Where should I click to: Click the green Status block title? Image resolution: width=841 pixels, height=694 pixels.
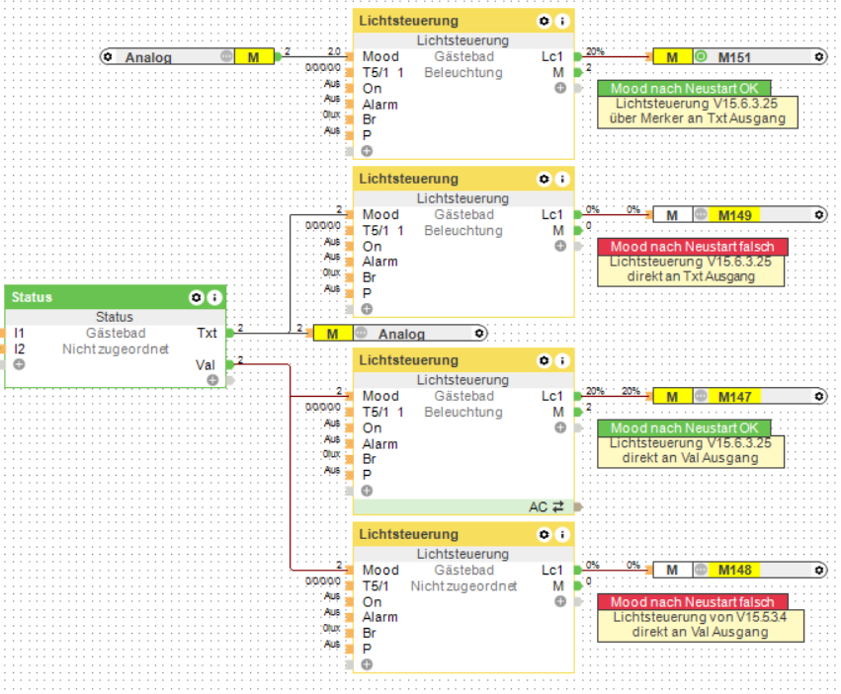33,297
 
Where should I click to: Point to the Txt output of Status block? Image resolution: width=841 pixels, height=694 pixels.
207,333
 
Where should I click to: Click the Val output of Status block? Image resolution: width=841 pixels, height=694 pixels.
206,364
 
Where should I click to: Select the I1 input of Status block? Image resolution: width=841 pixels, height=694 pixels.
20,333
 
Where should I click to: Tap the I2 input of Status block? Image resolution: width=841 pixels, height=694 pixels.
20,348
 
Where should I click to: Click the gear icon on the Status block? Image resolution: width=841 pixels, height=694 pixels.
196,297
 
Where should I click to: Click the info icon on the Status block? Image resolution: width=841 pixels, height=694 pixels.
213,297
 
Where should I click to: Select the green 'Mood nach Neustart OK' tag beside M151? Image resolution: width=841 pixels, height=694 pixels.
684,89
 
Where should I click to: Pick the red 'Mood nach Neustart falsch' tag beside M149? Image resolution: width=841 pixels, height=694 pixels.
692,247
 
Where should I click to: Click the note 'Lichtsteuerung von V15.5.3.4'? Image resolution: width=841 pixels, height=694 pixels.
698,617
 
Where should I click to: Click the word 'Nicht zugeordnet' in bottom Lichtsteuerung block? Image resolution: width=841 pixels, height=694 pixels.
463,585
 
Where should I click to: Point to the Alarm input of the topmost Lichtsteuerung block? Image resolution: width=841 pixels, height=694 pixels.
379,104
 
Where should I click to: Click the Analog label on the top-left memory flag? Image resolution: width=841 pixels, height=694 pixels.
148,57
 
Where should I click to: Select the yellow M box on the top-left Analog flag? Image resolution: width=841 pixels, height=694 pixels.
254,57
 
